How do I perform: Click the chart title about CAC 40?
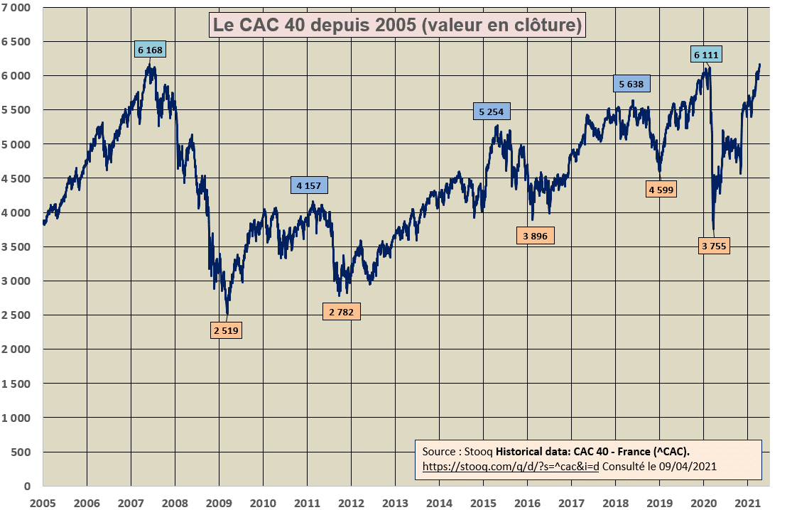tap(397, 26)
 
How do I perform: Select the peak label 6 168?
tap(150, 50)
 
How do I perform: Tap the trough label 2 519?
tap(226, 330)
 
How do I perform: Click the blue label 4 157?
tap(309, 185)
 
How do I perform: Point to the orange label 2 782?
tap(342, 311)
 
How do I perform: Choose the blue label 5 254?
tap(492, 112)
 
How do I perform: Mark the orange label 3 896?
tap(536, 236)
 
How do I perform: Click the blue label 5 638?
tap(631, 84)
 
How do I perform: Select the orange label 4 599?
tap(661, 190)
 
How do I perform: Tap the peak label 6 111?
tap(706, 55)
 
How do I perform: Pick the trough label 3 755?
tap(714, 246)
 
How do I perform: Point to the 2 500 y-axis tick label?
tap(18, 315)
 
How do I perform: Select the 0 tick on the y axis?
tap(28, 486)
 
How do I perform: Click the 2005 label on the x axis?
tap(43, 502)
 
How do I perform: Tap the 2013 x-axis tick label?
tap(395, 502)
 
